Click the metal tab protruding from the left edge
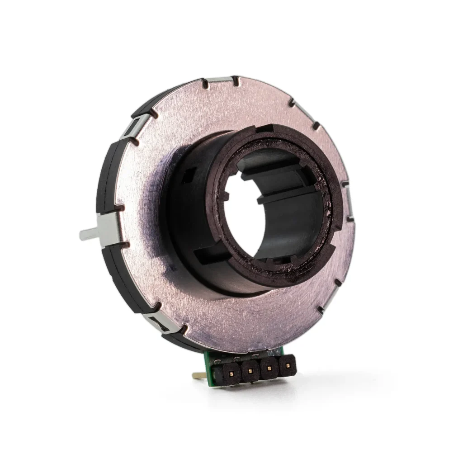point(89,234)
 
